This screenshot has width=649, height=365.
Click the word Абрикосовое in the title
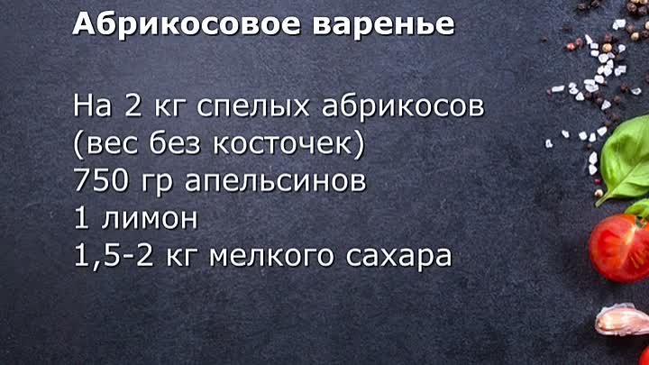pyautogui.click(x=187, y=24)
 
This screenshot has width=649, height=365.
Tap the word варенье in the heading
pyautogui.click(x=384, y=25)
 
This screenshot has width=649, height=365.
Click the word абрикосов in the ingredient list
pyautogui.click(x=403, y=105)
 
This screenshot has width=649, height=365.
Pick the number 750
pyautogui.click(x=101, y=180)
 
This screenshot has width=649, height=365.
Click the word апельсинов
pyautogui.click(x=275, y=182)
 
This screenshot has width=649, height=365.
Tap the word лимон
pyautogui.click(x=150, y=218)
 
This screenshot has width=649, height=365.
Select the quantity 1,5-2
pyautogui.click(x=114, y=256)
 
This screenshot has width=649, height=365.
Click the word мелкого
pyautogui.click(x=271, y=257)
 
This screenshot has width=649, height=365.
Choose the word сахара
pyautogui.click(x=398, y=258)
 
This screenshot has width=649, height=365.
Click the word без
pyautogui.click(x=174, y=142)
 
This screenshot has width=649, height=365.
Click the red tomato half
pyautogui.click(x=619, y=248)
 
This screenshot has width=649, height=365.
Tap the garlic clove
pyautogui.click(x=622, y=319)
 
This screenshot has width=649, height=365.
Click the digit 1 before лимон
pyautogui.click(x=81, y=218)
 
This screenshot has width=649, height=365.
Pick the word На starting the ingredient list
pyautogui.click(x=92, y=105)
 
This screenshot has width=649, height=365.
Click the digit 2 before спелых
pyautogui.click(x=133, y=105)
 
